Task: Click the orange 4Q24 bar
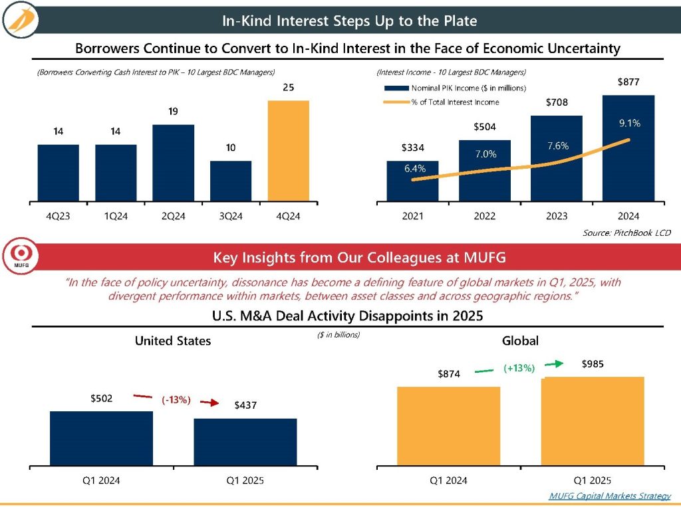289,150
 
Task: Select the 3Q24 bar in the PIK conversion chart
231,180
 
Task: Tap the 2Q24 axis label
173,215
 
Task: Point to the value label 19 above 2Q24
173,112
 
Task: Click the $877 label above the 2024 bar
628,82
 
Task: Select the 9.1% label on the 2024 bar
628,123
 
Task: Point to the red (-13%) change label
176,400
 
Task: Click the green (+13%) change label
519,367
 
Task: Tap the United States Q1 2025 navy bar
245,441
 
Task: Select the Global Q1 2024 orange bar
448,425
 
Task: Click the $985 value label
594,364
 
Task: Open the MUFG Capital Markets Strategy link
610,496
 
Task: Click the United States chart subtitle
173,341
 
